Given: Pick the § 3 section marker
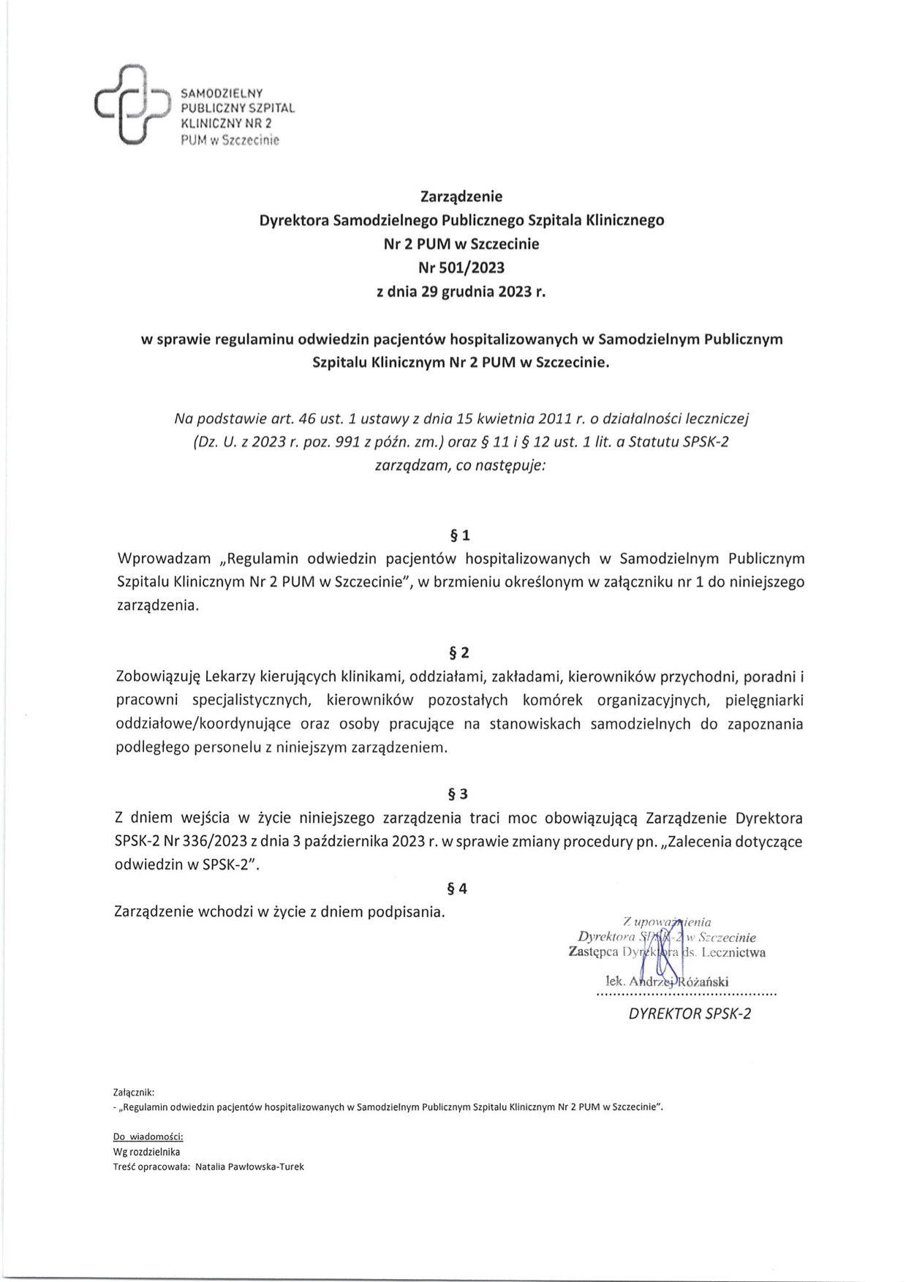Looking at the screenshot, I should pos(458,793).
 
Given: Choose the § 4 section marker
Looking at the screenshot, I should pos(458,889).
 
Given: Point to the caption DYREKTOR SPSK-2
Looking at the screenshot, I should pos(690,1014).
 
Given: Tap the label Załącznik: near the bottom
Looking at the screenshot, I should pos(135,1091).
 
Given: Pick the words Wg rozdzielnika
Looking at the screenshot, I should pos(147,1152).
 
